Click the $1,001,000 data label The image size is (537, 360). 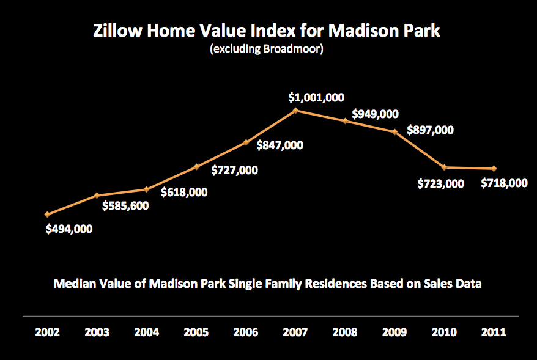coord(317,97)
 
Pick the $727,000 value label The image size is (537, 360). coord(234,170)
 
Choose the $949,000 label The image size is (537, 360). coord(376,114)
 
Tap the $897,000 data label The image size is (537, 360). coord(431,130)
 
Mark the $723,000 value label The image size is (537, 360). coord(442,183)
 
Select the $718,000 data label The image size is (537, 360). coord(504,183)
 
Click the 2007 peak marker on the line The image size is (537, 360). coord(295,111)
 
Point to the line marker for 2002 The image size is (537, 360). coord(47,215)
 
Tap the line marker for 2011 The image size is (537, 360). coord(494,169)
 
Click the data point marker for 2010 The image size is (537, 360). coord(444,167)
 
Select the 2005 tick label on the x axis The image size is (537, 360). coord(196,332)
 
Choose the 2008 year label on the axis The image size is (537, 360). coord(345,332)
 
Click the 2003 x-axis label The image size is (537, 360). coord(97,332)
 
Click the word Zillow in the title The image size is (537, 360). coord(119,31)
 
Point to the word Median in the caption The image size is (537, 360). coord(75,284)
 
